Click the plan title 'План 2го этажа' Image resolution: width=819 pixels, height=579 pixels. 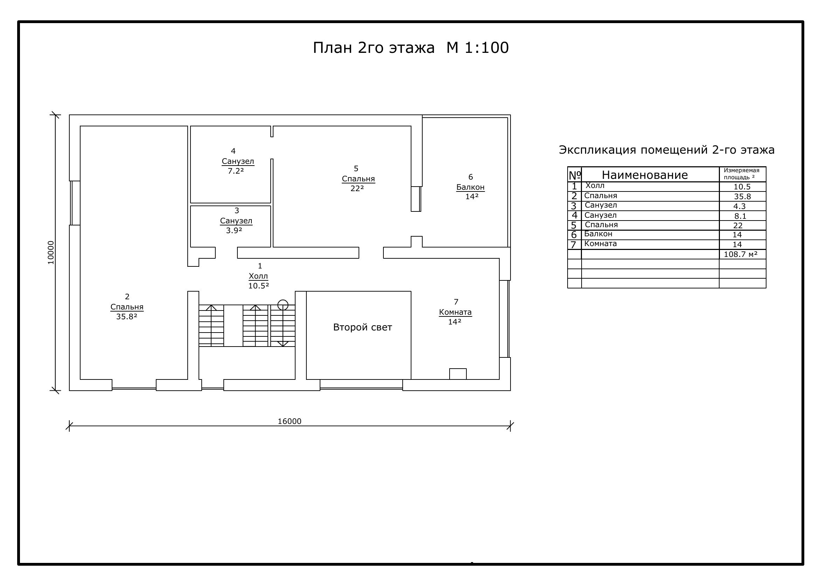pos(374,48)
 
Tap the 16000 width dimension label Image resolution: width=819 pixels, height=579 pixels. pos(289,421)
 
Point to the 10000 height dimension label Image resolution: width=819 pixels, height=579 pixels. pos(51,253)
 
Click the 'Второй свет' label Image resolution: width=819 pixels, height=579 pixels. pos(362,327)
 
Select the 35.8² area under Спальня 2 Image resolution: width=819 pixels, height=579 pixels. pos(127,316)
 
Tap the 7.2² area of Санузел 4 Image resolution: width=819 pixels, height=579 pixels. pos(236,171)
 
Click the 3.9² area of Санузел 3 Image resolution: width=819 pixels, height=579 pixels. pos(234,230)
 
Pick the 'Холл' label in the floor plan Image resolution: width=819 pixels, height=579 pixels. pos(258,276)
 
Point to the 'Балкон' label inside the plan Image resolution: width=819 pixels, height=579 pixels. pos(471,187)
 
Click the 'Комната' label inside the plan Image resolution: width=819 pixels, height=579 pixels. pos(455,312)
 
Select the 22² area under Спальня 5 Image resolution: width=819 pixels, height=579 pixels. pos(357,188)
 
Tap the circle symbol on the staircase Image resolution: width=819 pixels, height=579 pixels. pos(283,305)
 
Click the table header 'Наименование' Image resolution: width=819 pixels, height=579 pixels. pos(645,175)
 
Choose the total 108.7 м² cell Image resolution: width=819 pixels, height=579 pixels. pos(741,254)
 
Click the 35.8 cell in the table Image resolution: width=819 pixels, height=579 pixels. pos(742,196)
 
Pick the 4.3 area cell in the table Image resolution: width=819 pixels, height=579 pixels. pos(740,207)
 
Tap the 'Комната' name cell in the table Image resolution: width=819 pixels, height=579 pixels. pos(601,244)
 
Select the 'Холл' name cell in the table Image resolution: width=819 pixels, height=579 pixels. pos(595,186)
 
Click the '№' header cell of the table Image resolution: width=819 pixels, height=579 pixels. pos(575,175)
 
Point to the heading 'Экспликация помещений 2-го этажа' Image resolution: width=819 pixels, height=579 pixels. pos(667,150)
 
